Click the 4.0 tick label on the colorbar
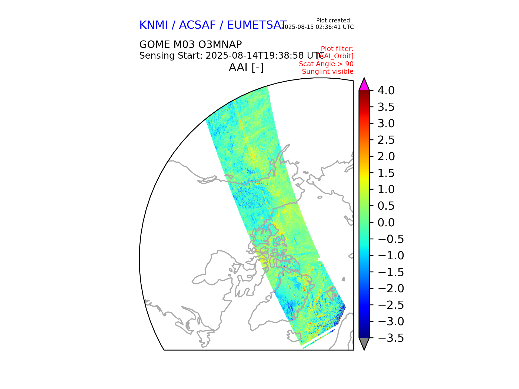click(x=386, y=90)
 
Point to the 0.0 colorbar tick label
click(x=386, y=223)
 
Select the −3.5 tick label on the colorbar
click(x=391, y=338)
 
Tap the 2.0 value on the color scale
click(x=386, y=156)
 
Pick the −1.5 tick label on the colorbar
click(x=391, y=272)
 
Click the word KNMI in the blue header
click(x=154, y=25)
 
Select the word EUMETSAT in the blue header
click(x=257, y=25)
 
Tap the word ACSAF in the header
click(x=197, y=25)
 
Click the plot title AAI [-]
click(x=246, y=67)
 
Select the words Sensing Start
click(x=171, y=56)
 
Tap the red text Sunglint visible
click(x=328, y=72)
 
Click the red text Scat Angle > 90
click(x=326, y=64)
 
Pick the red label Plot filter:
click(x=337, y=49)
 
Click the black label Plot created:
click(x=334, y=21)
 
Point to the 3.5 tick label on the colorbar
click(x=386, y=107)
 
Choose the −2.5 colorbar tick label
click(x=391, y=305)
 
